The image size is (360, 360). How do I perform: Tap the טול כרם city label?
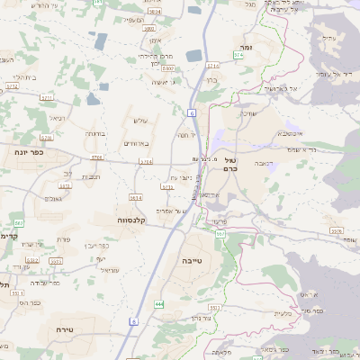230,162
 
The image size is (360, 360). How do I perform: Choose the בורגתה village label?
95,133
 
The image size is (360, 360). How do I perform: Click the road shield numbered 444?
159,305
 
